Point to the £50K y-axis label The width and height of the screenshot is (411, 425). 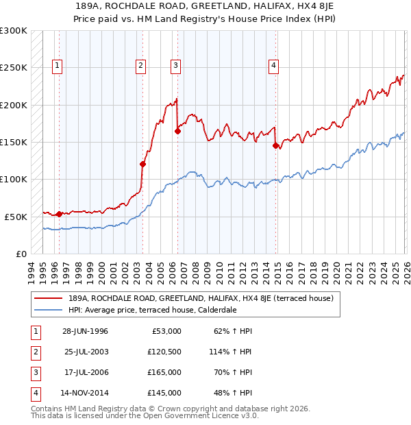tap(16, 217)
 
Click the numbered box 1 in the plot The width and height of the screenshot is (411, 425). tap(56, 66)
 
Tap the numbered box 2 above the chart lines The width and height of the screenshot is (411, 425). tap(140, 66)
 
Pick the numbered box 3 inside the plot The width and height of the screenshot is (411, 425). tap(175, 66)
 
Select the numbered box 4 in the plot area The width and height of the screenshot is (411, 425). tap(273, 66)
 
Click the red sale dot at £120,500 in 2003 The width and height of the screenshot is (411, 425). tap(143, 164)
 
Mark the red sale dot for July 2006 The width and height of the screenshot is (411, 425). tap(177, 131)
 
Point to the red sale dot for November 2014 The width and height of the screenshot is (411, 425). tap(275, 145)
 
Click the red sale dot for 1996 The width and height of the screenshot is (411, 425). tap(59, 214)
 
